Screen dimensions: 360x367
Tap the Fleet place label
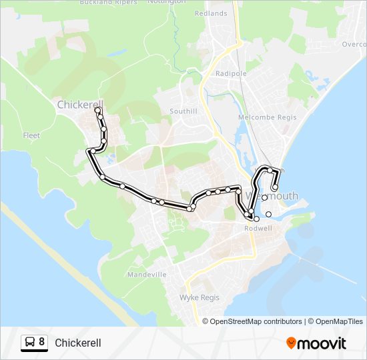pyautogui.click(x=31, y=135)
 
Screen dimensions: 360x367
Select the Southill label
pyautogui.click(x=183, y=111)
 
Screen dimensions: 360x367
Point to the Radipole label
pyautogui.click(x=231, y=73)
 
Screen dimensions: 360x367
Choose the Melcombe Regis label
pyautogui.click(x=262, y=117)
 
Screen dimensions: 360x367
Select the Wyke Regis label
pyautogui.click(x=200, y=297)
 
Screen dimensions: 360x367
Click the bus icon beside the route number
pyautogui.click(x=30, y=343)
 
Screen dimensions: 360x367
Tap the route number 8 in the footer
pyautogui.click(x=42, y=342)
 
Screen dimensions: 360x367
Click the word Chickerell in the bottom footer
pyautogui.click(x=78, y=343)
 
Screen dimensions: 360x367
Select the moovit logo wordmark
pyautogui.click(x=322, y=343)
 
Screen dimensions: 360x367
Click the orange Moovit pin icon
pyautogui.click(x=291, y=343)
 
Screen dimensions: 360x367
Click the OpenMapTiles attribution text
pyautogui.click(x=337, y=321)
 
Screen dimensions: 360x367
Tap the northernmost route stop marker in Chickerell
pyautogui.click(x=98, y=111)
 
